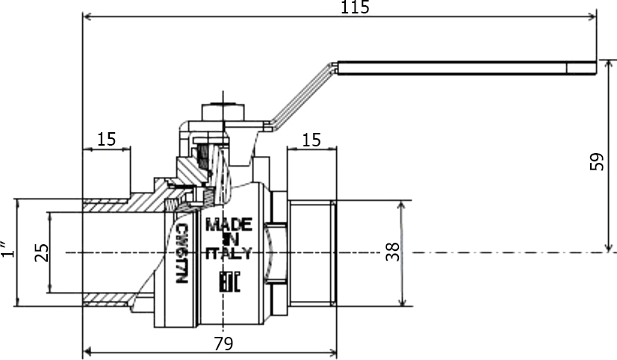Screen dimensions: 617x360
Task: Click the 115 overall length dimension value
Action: tap(355, 7)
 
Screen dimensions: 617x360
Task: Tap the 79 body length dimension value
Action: tap(223, 344)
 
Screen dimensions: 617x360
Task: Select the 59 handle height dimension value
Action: tap(597, 161)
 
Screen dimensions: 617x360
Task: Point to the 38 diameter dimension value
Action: tap(393, 252)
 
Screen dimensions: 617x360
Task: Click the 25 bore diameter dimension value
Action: tap(42, 252)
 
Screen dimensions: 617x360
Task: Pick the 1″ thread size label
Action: tap(8, 249)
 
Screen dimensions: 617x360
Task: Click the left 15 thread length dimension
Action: tap(107, 139)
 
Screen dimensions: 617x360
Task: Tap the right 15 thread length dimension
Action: tap(311, 140)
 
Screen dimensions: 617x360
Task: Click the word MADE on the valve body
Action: tap(229, 225)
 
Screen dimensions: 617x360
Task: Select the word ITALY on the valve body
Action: tap(229, 253)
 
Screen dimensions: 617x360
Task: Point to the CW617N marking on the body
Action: tap(182, 253)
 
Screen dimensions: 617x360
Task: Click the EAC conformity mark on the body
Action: tap(229, 282)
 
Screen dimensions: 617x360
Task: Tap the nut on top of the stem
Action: tap(223, 113)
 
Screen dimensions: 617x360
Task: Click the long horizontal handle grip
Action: tap(467, 68)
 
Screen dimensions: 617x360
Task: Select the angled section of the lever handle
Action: tap(302, 95)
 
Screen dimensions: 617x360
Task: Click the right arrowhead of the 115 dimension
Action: tap(592, 16)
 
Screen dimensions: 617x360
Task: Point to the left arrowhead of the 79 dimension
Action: tap(88, 350)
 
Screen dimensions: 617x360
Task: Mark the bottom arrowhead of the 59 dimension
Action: tap(609, 247)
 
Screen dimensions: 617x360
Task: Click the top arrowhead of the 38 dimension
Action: tap(402, 206)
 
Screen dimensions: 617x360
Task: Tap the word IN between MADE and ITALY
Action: tap(229, 239)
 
